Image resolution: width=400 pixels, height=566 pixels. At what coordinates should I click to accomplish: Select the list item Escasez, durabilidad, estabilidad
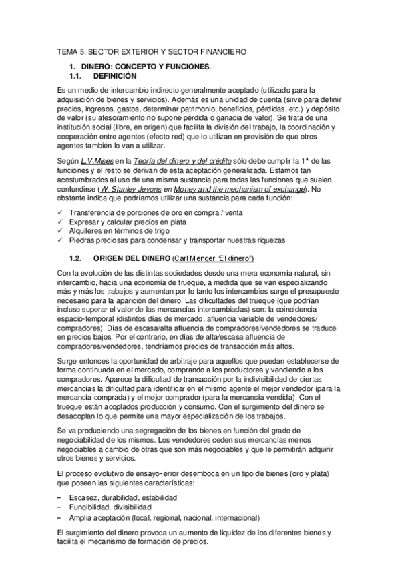[121, 498]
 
